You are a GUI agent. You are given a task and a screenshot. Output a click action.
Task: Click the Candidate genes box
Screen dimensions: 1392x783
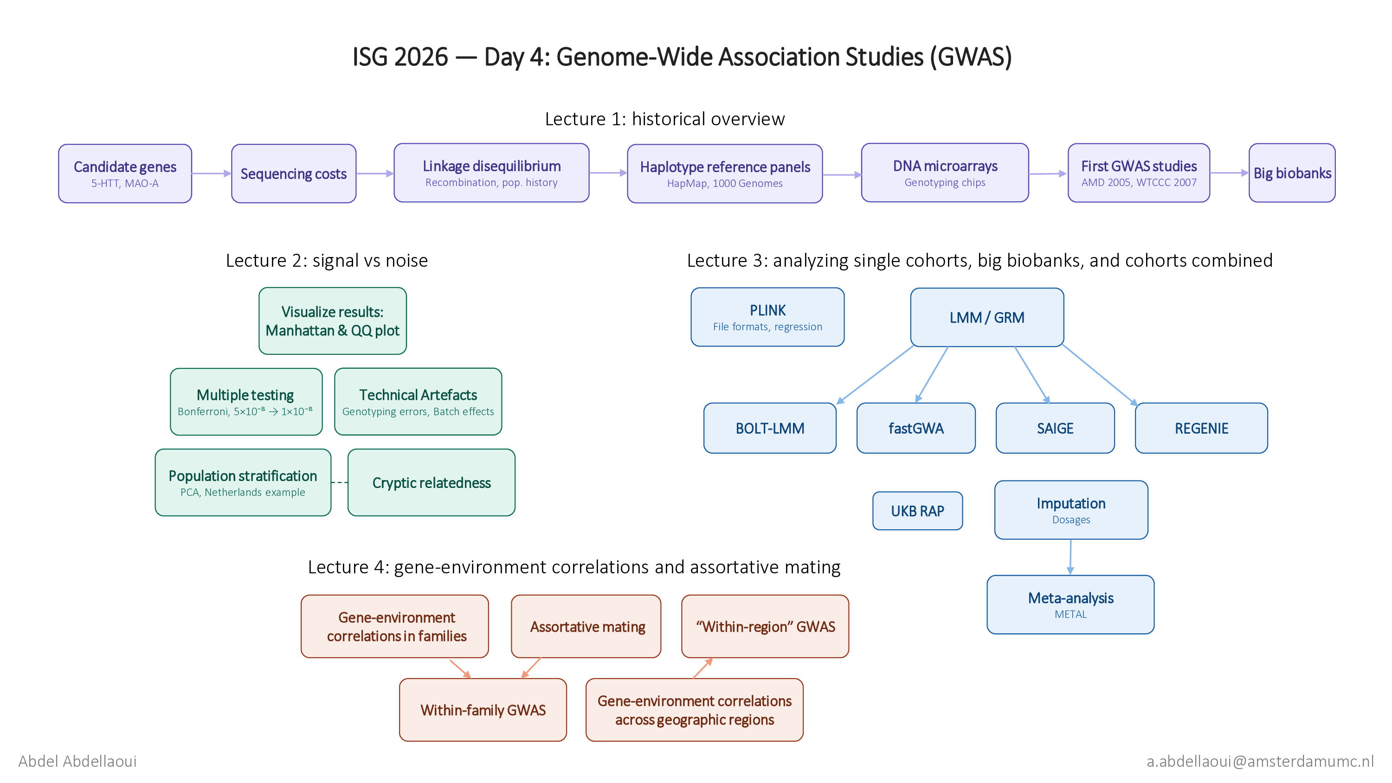click(125, 173)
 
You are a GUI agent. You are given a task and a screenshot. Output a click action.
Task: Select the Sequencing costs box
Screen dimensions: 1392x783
click(293, 173)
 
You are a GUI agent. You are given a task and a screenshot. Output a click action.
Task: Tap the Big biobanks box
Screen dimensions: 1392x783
click(1292, 173)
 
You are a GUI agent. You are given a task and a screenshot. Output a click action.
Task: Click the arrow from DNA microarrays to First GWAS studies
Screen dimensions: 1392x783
click(1048, 174)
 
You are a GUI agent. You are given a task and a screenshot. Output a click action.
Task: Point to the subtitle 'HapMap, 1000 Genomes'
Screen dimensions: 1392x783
click(725, 183)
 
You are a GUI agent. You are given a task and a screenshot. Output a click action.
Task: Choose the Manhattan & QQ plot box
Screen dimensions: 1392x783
click(332, 321)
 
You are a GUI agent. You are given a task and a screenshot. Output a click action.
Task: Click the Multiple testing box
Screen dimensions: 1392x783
click(246, 402)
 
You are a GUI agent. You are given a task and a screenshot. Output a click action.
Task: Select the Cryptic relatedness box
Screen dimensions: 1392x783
click(431, 482)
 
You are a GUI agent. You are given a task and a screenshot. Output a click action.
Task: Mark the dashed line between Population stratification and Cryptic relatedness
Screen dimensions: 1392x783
click(339, 482)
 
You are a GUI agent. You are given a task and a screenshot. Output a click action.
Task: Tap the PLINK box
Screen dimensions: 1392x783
click(767, 317)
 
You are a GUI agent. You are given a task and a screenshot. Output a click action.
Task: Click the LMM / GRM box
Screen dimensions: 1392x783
click(987, 317)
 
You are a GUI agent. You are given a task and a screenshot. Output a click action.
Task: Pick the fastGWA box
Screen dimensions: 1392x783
click(916, 428)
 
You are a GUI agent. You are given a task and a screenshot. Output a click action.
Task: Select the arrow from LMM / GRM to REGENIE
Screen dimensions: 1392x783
click(1100, 375)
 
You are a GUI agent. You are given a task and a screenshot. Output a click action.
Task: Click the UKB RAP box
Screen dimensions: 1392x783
click(917, 511)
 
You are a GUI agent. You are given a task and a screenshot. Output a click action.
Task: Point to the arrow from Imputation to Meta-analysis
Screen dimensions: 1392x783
click(1070, 557)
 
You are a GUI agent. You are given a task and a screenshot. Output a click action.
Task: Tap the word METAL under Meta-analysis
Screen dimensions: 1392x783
click(1070, 615)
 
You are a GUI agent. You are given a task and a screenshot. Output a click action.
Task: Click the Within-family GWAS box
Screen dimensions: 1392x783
click(483, 710)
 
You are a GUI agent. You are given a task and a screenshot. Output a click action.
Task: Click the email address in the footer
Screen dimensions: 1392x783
click(1260, 761)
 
